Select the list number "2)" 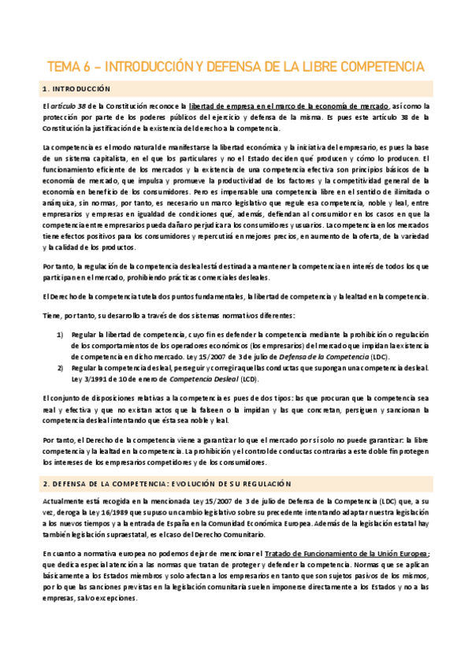point(60,367)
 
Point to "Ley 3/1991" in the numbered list point(89,378)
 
